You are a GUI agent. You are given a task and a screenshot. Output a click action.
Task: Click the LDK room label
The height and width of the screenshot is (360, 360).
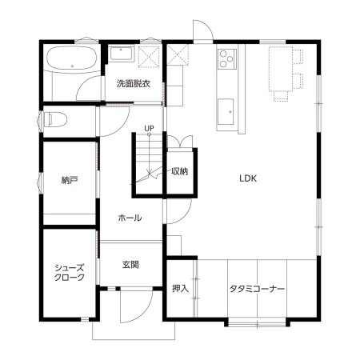pyautogui.click(x=248, y=178)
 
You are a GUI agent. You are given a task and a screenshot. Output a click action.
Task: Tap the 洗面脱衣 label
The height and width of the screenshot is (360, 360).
pyautogui.click(x=134, y=84)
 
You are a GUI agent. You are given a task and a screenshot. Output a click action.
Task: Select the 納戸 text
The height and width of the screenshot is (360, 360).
pyautogui.click(x=70, y=181)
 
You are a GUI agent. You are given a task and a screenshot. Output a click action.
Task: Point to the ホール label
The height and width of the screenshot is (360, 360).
pyautogui.click(x=130, y=218)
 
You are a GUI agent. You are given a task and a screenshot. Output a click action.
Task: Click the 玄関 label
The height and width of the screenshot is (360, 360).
pyautogui.click(x=130, y=265)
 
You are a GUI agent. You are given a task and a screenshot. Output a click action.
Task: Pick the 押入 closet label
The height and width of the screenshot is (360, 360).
pyautogui.click(x=180, y=288)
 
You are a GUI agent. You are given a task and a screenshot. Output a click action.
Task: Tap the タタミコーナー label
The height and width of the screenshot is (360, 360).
pyautogui.click(x=257, y=289)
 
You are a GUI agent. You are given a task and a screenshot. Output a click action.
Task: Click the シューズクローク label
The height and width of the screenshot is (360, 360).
pyautogui.click(x=70, y=273)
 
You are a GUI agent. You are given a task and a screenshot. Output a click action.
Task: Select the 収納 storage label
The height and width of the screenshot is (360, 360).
pyautogui.click(x=180, y=171)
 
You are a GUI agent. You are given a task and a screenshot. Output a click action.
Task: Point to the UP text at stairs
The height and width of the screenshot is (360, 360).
pyautogui.click(x=149, y=128)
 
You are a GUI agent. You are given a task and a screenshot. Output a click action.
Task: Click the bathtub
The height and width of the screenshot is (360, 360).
pyautogui.click(x=72, y=59)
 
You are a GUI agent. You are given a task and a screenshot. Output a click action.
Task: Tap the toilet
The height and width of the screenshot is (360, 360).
pyautogui.click(x=55, y=119)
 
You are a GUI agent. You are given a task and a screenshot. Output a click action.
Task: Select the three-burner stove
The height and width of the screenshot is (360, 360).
pyautogui.click(x=226, y=59)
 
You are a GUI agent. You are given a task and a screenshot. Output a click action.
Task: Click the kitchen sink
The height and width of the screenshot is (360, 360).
pyautogui.click(x=226, y=112)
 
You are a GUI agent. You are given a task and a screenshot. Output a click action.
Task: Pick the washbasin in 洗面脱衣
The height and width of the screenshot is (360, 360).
pyautogui.click(x=122, y=54)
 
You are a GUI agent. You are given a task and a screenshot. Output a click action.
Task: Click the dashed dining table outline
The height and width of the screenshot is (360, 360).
pyautogui.click(x=281, y=70)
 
